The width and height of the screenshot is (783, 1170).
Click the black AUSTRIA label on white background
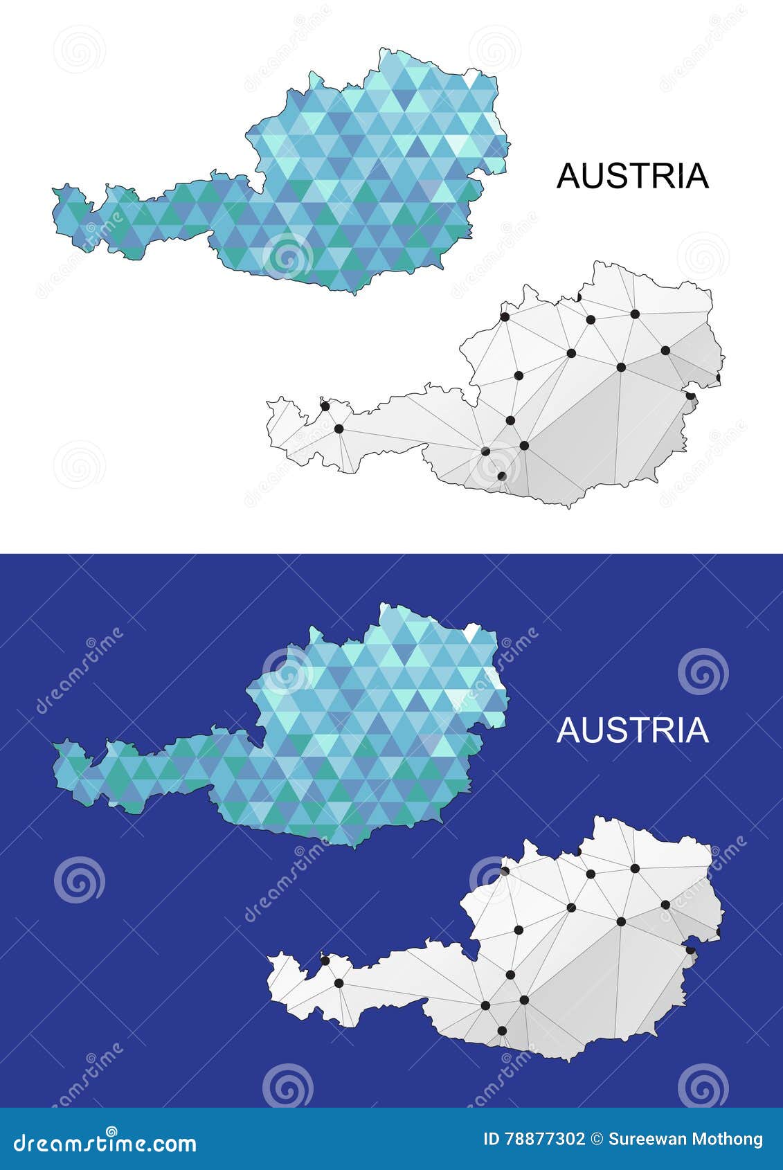[x=633, y=176]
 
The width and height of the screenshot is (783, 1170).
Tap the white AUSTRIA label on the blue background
[x=633, y=730]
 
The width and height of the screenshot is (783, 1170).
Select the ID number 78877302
[x=545, y=1139]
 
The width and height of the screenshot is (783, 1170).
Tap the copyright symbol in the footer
[x=597, y=1139]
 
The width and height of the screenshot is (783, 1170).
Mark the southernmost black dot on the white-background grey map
[x=501, y=476]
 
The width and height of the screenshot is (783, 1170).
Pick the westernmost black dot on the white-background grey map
[x=324, y=405]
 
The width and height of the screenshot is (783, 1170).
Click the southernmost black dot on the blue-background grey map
[x=502, y=1031]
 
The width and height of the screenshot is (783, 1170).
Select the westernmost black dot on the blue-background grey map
[x=324, y=960]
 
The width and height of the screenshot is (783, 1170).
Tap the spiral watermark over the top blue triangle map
[x=287, y=257]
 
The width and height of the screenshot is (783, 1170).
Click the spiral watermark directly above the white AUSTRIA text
[x=703, y=672]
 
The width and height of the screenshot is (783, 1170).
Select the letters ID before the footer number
[x=491, y=1139]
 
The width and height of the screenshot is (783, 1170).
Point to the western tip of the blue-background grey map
[x=267, y=960]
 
